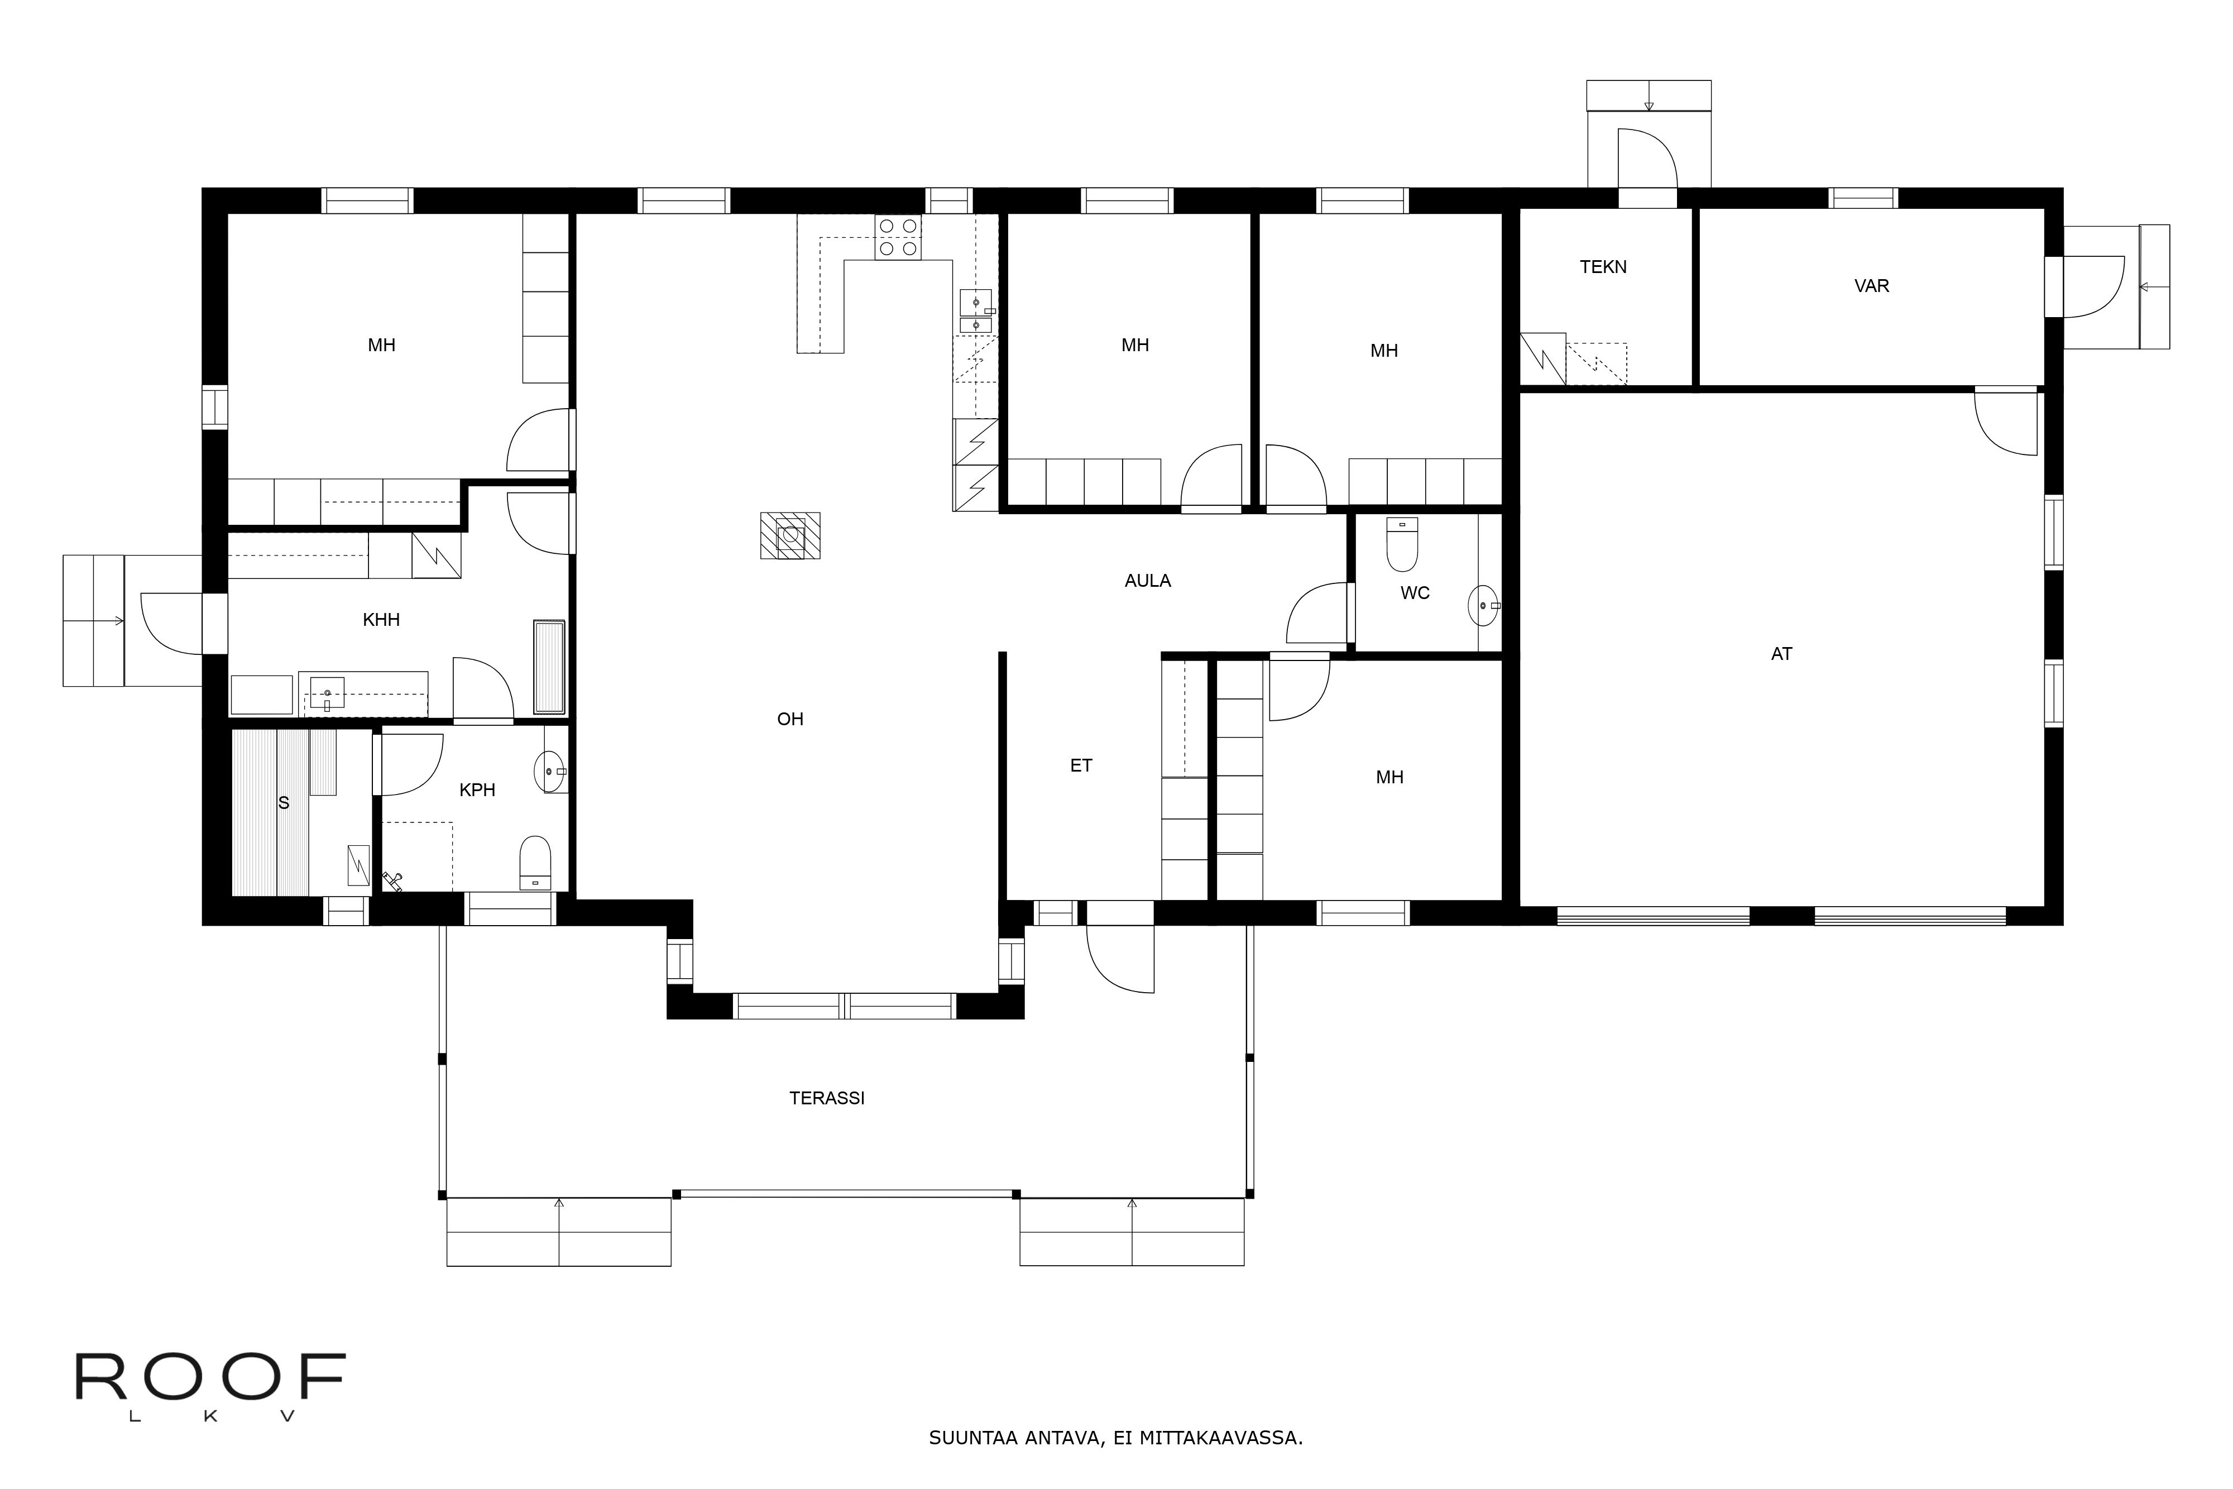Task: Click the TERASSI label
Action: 826,1098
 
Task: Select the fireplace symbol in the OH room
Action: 790,535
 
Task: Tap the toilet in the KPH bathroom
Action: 535,862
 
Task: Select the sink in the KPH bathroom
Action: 550,771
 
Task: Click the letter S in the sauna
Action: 283,803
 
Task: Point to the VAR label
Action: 1871,286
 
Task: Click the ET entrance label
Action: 1081,765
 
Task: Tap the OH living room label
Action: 790,720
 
